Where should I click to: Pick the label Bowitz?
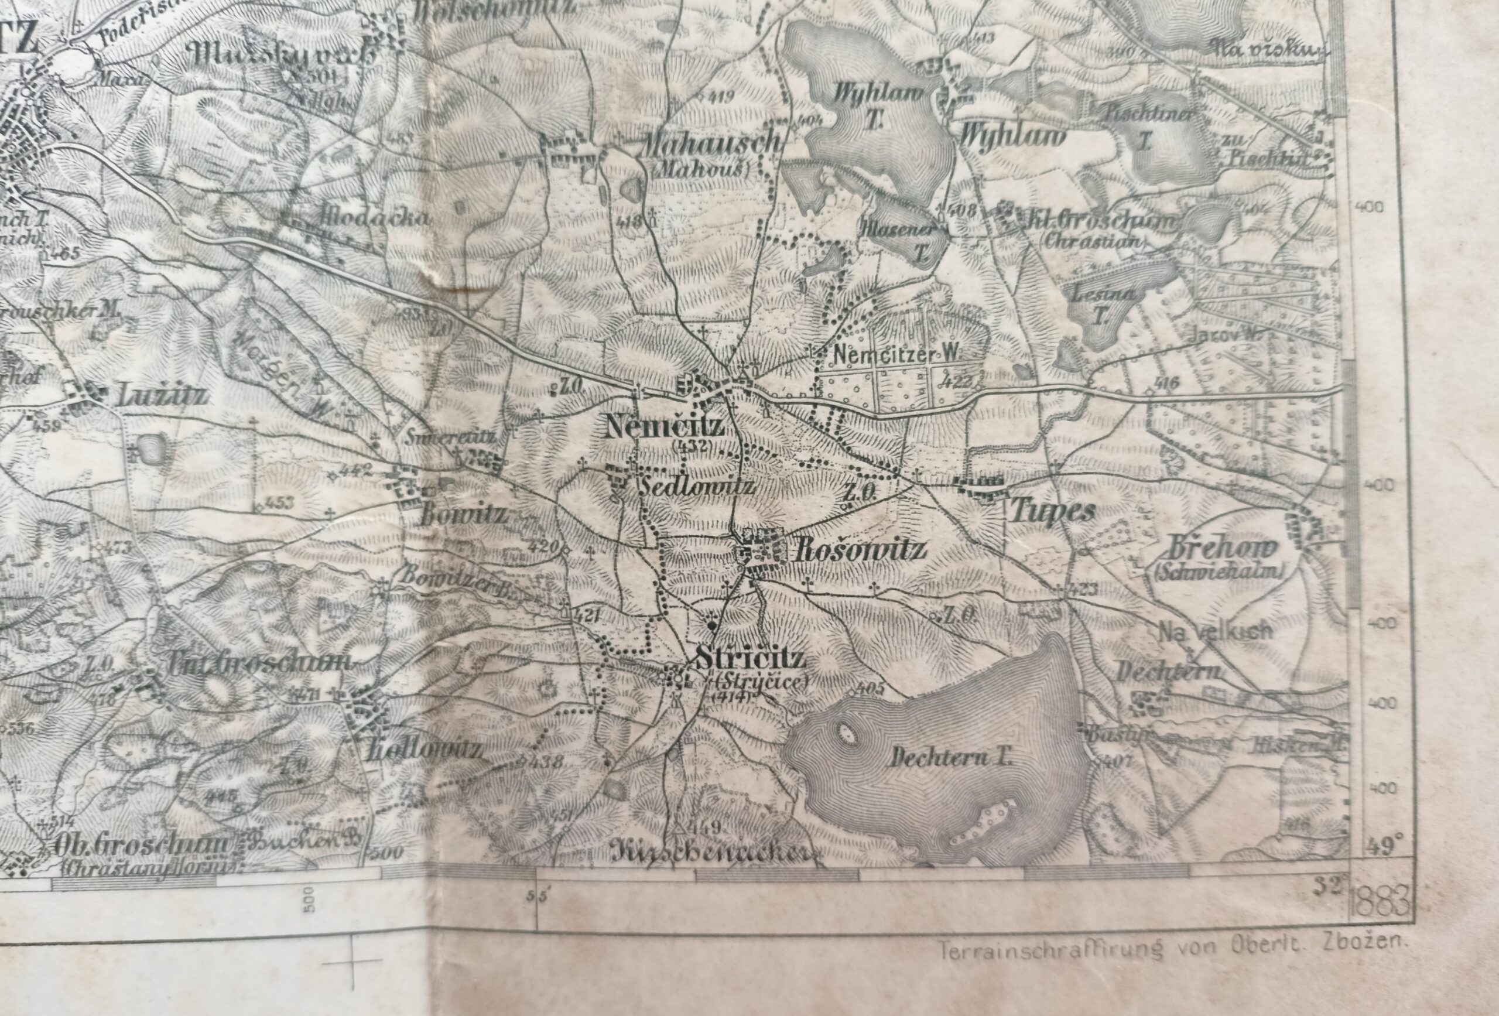coord(464,515)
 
